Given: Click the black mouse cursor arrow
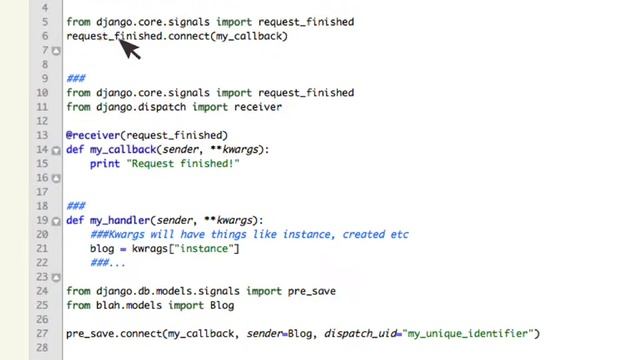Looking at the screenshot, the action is tap(129, 49).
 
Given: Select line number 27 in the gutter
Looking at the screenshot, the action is tap(42, 333).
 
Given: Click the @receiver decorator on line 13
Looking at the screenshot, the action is tap(93, 135).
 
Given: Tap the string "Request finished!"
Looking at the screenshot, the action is tap(183, 164).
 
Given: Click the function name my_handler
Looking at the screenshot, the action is tap(120, 220).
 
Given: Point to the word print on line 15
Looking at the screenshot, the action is tap(105, 164).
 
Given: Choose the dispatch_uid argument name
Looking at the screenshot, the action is tap(360, 333).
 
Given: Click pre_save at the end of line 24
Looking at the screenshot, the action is tap(311, 291).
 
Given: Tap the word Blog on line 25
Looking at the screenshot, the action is tap(222, 305).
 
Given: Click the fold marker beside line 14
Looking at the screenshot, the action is tap(56, 151).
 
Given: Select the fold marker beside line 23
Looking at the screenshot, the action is tap(56, 278).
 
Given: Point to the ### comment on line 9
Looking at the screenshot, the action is tap(76, 78).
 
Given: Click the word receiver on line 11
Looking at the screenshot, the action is tap(258, 107).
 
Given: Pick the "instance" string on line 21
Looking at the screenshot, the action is tap(204, 249).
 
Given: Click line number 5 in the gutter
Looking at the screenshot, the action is tap(45, 22).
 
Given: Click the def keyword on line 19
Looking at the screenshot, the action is tap(75, 220).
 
